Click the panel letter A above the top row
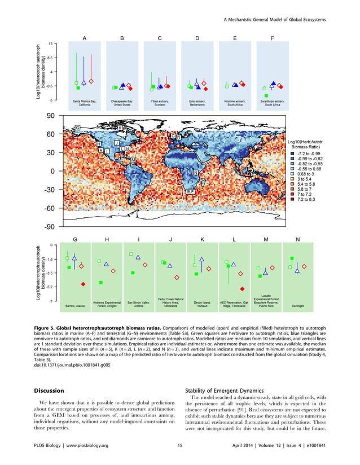click(84, 38)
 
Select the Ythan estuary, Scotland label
click(160, 103)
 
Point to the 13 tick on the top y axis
click(51, 43)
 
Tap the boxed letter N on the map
click(195, 172)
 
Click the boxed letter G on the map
click(77, 128)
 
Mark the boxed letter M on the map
click(133, 160)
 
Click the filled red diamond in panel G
click(83, 284)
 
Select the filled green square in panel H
click(101, 282)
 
